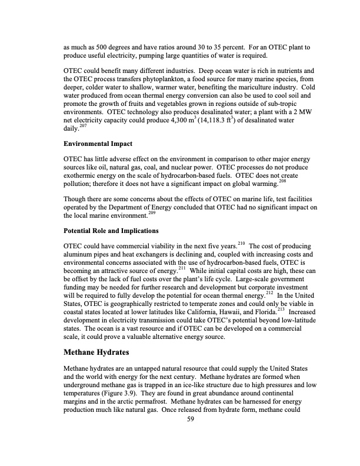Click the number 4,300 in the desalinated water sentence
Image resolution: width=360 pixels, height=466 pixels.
click(x=179, y=120)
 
